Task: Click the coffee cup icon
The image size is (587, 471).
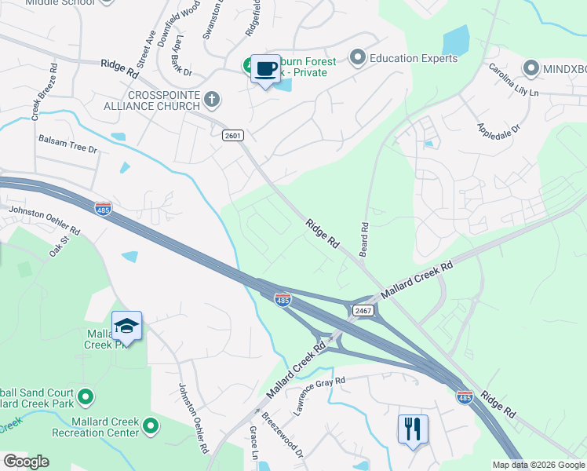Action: pyautogui.click(x=265, y=69)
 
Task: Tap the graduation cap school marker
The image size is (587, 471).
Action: pyautogui.click(x=126, y=325)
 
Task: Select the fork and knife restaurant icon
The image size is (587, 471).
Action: pyautogui.click(x=413, y=429)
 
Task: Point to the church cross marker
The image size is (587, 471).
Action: pyautogui.click(x=210, y=99)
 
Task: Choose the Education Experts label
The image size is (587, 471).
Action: pyautogui.click(x=413, y=58)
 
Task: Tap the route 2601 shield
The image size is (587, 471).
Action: pyautogui.click(x=232, y=135)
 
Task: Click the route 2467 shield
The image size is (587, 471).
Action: pyautogui.click(x=363, y=311)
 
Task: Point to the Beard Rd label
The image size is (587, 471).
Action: pyautogui.click(x=364, y=236)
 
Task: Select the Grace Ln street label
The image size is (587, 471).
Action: pyautogui.click(x=253, y=443)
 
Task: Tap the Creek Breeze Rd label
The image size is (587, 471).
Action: pyautogui.click(x=44, y=93)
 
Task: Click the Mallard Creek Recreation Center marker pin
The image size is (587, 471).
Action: pyautogui.click(x=151, y=427)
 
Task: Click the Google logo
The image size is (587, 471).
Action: pyautogui.click(x=26, y=462)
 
